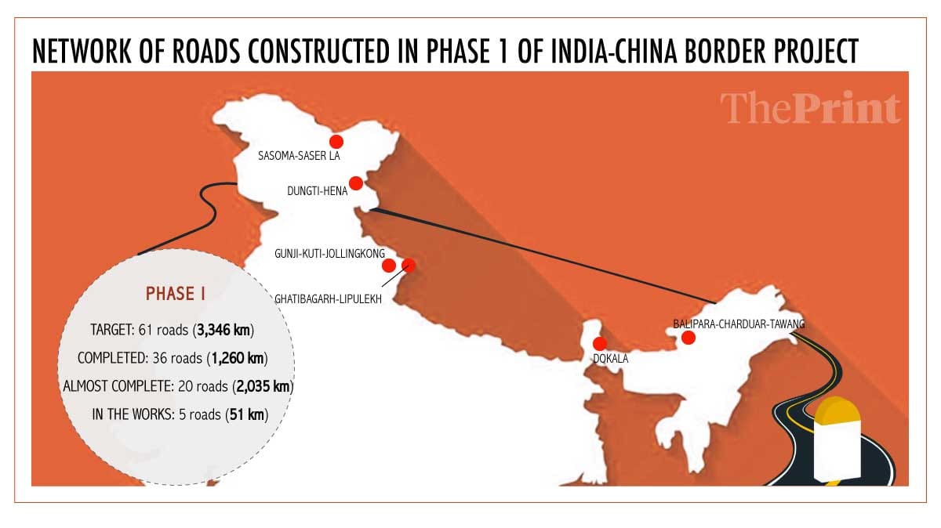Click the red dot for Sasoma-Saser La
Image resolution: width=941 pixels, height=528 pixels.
point(336,142)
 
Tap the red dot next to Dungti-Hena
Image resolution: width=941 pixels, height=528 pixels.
point(355,183)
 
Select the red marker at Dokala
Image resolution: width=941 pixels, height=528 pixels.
point(601,343)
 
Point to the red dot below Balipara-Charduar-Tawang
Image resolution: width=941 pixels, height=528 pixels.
point(688,338)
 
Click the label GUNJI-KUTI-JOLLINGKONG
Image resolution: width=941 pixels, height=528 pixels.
point(329,254)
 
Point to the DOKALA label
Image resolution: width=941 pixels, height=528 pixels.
point(610,360)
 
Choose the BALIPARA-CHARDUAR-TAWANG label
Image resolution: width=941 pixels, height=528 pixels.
point(739,323)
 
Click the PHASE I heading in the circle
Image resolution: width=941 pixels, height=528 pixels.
point(175,294)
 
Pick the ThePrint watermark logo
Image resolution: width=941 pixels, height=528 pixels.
point(810,109)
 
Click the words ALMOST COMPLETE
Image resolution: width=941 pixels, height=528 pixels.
point(111,386)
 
